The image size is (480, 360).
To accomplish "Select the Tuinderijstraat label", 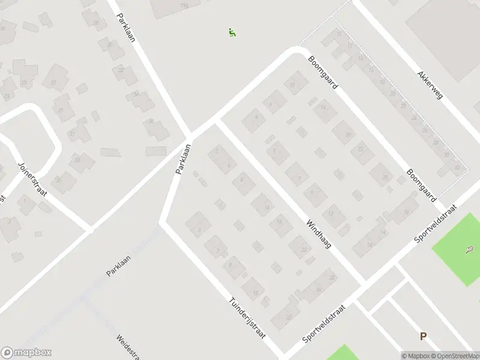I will (247, 319).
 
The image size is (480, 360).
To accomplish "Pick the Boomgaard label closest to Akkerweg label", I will (323, 72).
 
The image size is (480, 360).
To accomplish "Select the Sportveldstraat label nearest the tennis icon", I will (436, 224).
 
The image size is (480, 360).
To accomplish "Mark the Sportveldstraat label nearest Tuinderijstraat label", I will (325, 323).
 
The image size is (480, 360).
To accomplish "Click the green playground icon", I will (232, 32).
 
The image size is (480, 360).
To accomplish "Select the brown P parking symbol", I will (423, 337).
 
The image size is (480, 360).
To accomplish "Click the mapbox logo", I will (26, 353).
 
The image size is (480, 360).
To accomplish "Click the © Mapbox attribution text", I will (416, 355).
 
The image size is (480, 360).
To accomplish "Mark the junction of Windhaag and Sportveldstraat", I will (364, 283).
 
